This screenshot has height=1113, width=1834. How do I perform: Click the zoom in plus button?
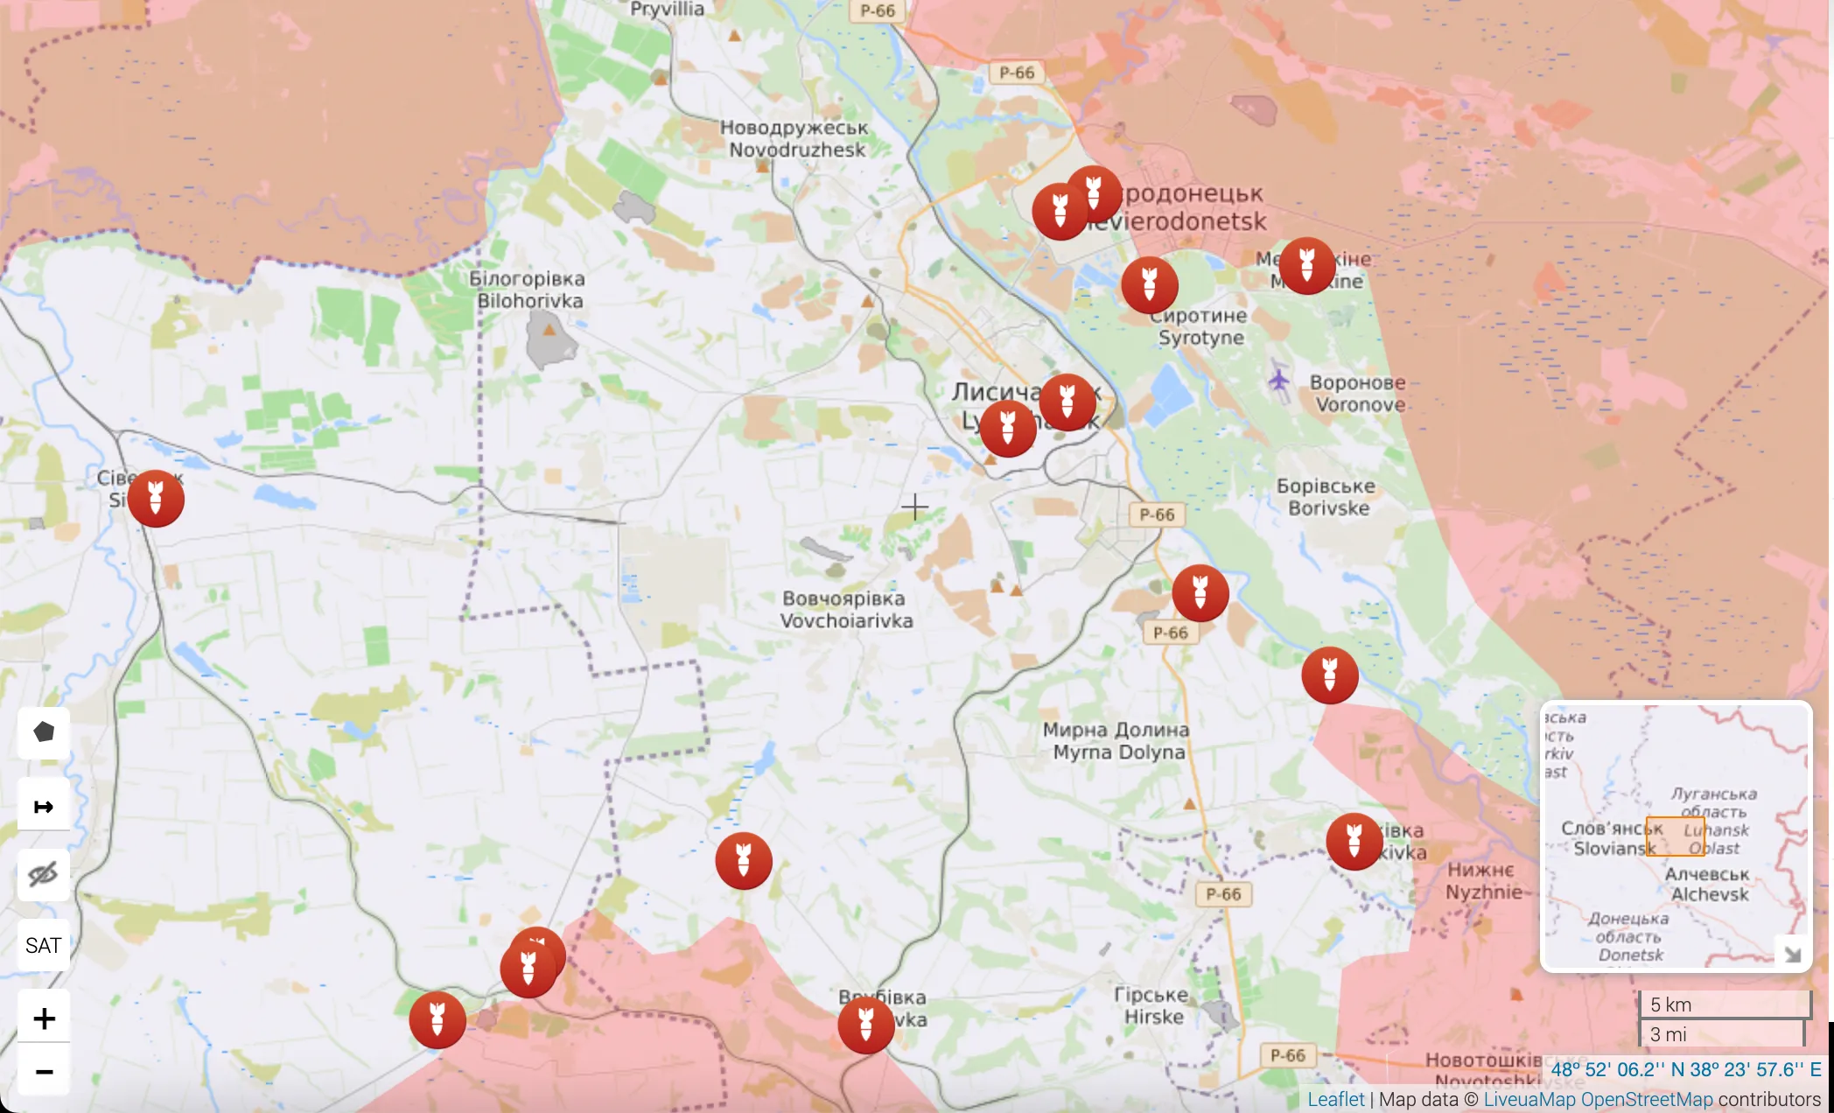(44, 1018)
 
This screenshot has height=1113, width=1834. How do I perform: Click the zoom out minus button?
(44, 1072)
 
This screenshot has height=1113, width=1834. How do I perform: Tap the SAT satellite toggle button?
(44, 946)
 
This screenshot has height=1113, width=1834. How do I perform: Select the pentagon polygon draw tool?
(44, 732)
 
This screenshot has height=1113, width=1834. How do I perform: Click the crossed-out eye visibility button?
(44, 874)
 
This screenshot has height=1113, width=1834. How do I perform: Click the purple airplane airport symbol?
(1278, 381)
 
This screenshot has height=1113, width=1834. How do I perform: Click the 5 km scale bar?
(1725, 1004)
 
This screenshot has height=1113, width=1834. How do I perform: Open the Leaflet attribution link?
(1335, 1099)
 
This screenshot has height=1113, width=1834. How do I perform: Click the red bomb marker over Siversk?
(156, 499)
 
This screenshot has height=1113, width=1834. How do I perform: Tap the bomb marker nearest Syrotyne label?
(1150, 285)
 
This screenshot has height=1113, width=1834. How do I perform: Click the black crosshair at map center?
(914, 507)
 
